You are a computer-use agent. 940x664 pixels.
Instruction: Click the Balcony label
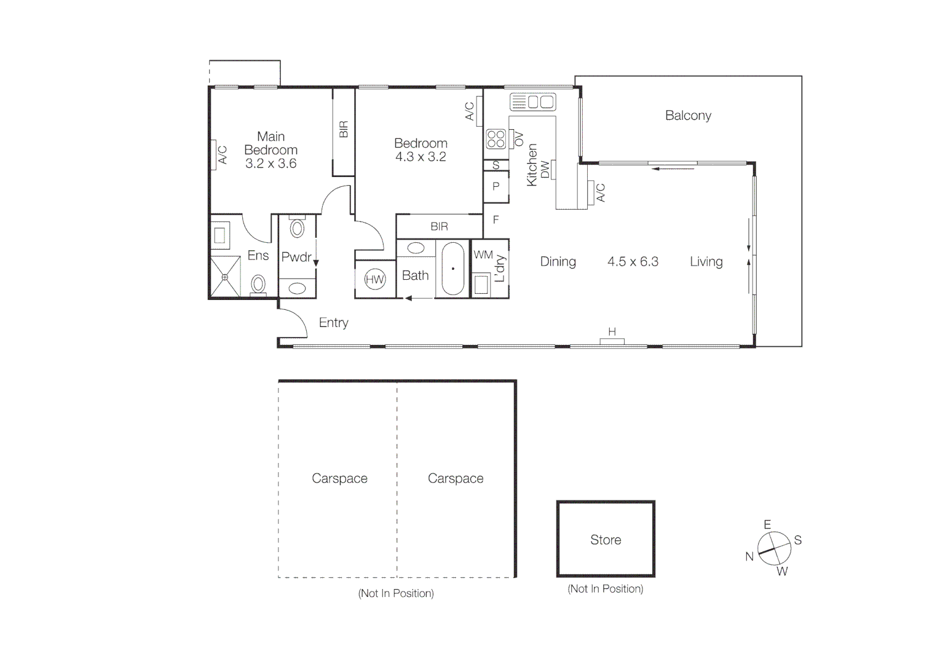pyautogui.click(x=688, y=116)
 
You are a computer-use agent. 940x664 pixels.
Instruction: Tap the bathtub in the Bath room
pyautogui.click(x=453, y=269)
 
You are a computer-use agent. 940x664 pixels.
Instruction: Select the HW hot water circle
pyautogui.click(x=374, y=279)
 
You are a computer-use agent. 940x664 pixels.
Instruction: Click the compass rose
pyautogui.click(x=774, y=548)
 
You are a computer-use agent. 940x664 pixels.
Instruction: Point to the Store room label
pyautogui.click(x=606, y=540)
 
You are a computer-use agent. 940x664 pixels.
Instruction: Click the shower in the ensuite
pyautogui.click(x=225, y=277)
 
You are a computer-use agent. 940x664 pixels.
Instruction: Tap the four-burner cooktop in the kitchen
pyautogui.click(x=496, y=139)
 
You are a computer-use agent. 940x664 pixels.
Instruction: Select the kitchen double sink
pyautogui.click(x=532, y=101)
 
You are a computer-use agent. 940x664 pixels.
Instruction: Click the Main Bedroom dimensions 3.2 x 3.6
pyautogui.click(x=271, y=164)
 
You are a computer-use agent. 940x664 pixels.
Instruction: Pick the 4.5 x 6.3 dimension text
pyautogui.click(x=633, y=262)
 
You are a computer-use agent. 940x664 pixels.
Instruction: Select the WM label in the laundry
pyautogui.click(x=483, y=255)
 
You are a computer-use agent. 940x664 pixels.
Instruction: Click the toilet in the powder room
pyautogui.click(x=298, y=228)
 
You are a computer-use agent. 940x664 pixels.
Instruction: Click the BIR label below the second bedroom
pyautogui.click(x=439, y=227)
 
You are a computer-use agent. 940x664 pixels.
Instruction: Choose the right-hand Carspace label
pyautogui.click(x=455, y=478)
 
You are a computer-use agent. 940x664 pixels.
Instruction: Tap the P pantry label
pyautogui.click(x=496, y=186)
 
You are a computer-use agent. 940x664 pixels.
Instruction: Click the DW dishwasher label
pyautogui.click(x=545, y=170)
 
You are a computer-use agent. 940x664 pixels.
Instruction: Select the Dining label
pyautogui.click(x=558, y=262)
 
